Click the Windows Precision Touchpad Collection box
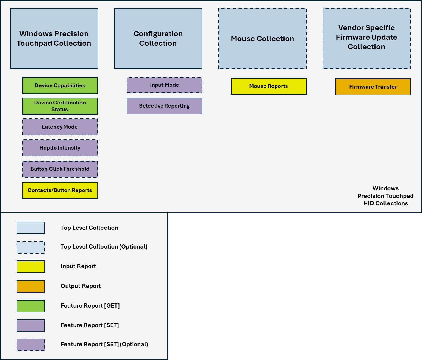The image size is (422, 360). [x=54, y=38]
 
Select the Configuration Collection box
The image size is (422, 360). [x=158, y=38]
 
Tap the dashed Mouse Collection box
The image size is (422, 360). [x=262, y=38]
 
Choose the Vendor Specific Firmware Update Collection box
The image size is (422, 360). [x=367, y=38]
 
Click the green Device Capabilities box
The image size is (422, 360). [x=60, y=86]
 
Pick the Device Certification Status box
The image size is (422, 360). [x=60, y=106]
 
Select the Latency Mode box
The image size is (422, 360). [x=60, y=127]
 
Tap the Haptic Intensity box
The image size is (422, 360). [x=60, y=148]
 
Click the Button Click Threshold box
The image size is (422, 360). [x=60, y=169]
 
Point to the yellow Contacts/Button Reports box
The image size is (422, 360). [x=60, y=190]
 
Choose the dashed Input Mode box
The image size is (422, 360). [x=164, y=85]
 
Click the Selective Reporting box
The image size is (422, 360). [x=164, y=106]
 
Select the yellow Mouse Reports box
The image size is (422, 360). [x=268, y=86]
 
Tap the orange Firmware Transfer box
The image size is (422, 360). [x=373, y=87]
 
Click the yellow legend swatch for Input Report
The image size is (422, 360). [x=31, y=267]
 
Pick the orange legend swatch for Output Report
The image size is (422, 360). [x=31, y=287]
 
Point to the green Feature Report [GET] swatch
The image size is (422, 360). [x=31, y=306]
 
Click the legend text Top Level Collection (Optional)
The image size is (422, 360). [x=104, y=247]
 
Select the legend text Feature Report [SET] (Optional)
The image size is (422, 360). [x=104, y=344]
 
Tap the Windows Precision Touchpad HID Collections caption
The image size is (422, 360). [x=386, y=196]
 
